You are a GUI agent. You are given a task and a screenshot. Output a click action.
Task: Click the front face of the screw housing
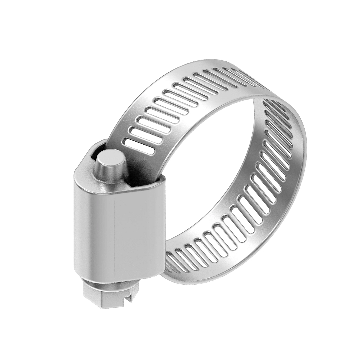(x=121, y=230)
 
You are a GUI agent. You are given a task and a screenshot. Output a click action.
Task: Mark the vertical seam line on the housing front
(x=116, y=233)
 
